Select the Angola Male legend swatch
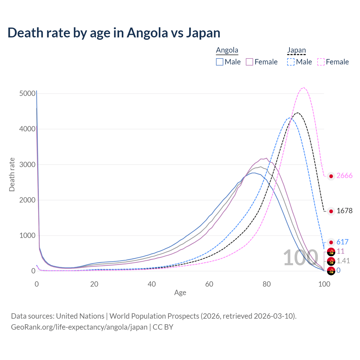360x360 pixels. coord(220,62)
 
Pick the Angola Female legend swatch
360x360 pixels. coord(249,62)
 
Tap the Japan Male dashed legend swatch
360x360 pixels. coord(291,62)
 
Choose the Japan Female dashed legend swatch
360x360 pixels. coord(321,62)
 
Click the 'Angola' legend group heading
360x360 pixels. coord(227,50)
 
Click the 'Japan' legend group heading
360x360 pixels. coord(296,50)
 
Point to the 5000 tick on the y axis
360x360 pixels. coord(27,94)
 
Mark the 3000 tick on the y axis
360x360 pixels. coord(27,165)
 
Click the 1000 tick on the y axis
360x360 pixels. coord(27,236)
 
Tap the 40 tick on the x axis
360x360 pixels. coord(152,284)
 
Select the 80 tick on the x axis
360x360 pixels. coord(267,284)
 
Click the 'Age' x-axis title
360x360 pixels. coord(180,293)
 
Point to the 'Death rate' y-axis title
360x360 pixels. coord(12,175)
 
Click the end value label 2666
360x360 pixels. coord(344,176)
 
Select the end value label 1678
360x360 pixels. coord(344,211)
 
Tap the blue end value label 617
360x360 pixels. coord(342,242)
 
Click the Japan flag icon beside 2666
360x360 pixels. coord(331,176)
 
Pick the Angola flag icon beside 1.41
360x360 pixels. coord(331,261)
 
